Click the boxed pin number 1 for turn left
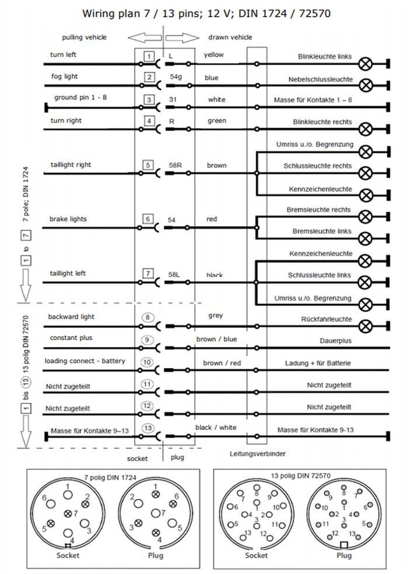tap(149, 57)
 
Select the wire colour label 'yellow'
tap(214, 55)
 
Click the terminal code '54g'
tap(176, 77)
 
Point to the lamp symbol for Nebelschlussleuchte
tap(366, 85)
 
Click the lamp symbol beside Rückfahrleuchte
tap(366, 325)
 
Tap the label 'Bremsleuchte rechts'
tap(319, 209)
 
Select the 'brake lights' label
tap(68, 219)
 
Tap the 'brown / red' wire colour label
tap(222, 363)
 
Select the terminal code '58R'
tap(176, 166)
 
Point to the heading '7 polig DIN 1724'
tap(110, 477)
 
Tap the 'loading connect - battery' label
tap(85, 361)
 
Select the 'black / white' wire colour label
tap(215, 428)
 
